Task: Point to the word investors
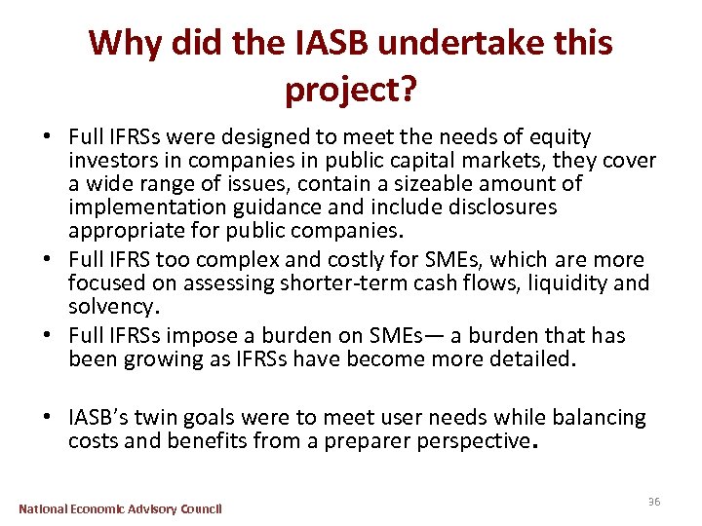coord(110,161)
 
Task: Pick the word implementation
coord(143,207)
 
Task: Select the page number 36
coord(654,502)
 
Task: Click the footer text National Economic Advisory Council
coord(121,508)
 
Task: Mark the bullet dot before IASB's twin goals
coord(56,419)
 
